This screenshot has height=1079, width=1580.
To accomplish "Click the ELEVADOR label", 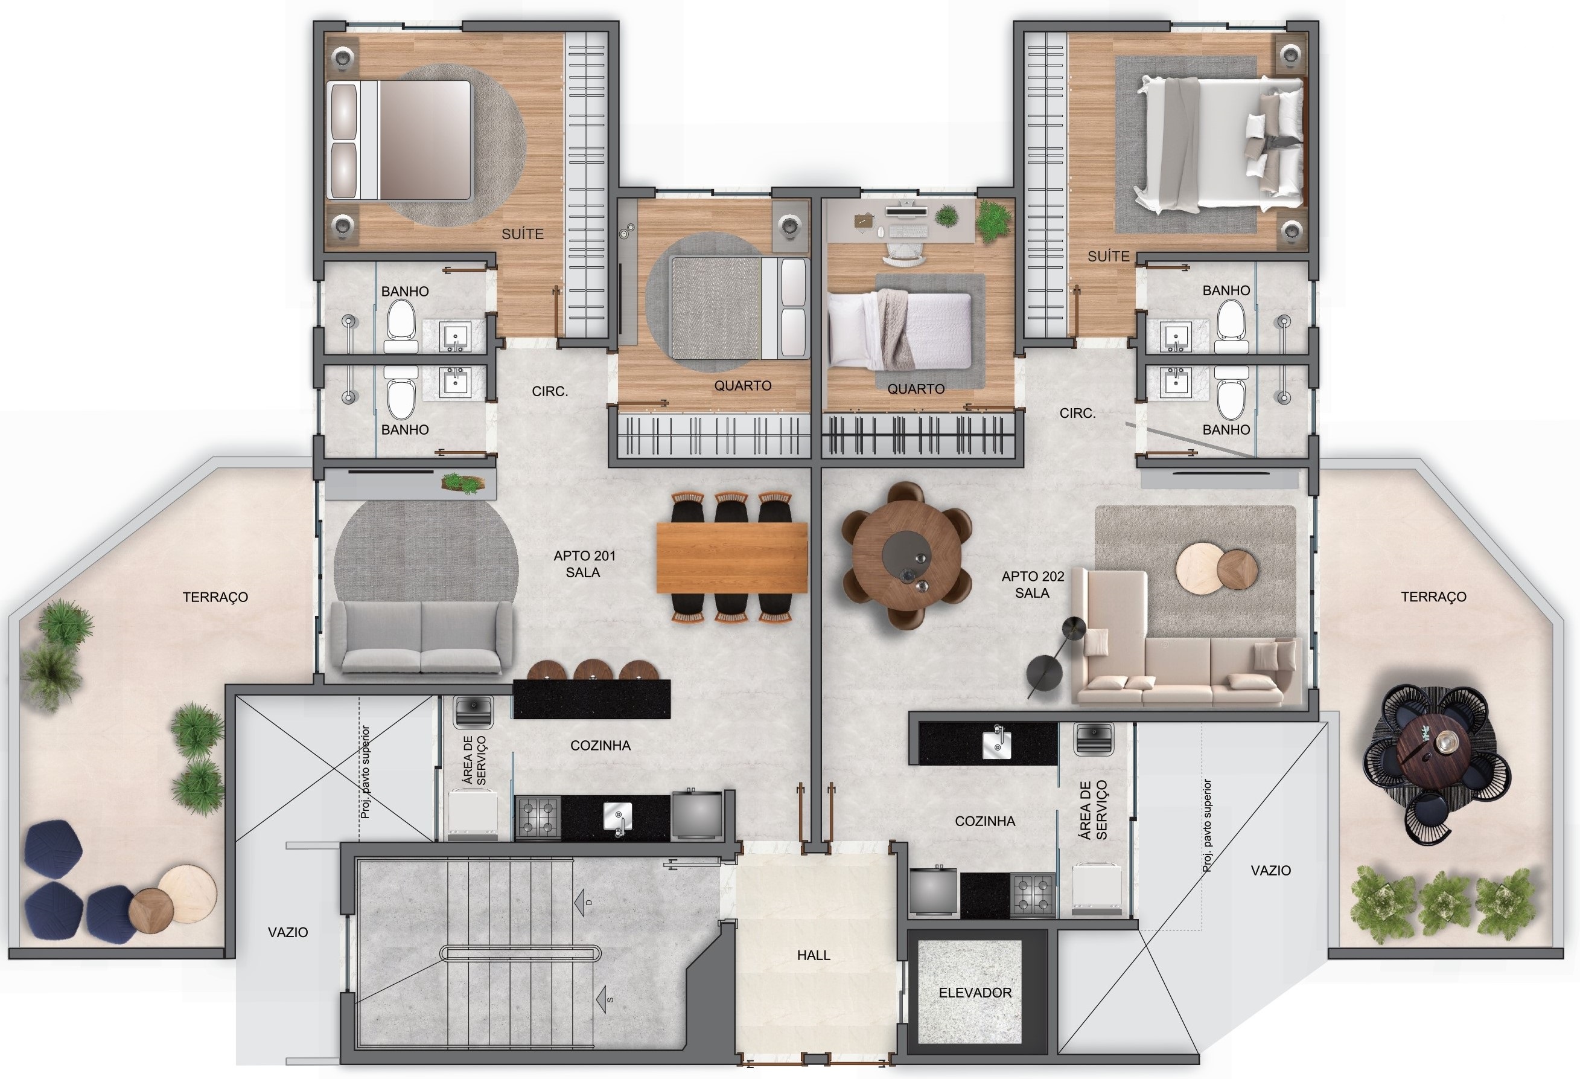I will pyautogui.click(x=974, y=993).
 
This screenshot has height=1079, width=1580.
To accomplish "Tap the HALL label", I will pyautogui.click(x=813, y=955).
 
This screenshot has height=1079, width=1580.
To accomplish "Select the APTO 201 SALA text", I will pyautogui.click(x=584, y=564).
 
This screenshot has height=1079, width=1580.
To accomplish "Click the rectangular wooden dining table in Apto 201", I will pyautogui.click(x=731, y=557).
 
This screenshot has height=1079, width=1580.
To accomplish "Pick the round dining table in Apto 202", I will pyautogui.click(x=906, y=556).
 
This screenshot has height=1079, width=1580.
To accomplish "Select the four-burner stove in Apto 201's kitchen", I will pyautogui.click(x=538, y=817).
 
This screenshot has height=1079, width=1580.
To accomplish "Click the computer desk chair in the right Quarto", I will pyautogui.click(x=903, y=255).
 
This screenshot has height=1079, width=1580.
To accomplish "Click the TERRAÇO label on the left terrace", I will pyautogui.click(x=215, y=597).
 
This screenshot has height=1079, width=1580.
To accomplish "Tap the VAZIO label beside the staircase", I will pyautogui.click(x=288, y=932).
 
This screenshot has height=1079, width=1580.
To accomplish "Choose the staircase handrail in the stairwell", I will pyautogui.click(x=520, y=953).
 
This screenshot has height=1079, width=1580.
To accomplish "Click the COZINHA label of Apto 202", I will pyautogui.click(x=984, y=821).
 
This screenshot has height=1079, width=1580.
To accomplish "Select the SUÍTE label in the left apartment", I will pyautogui.click(x=522, y=234).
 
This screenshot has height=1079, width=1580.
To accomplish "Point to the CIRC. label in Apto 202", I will pyautogui.click(x=1077, y=413).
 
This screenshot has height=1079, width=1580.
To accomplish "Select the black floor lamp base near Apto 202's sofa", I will pyautogui.click(x=1044, y=673).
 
